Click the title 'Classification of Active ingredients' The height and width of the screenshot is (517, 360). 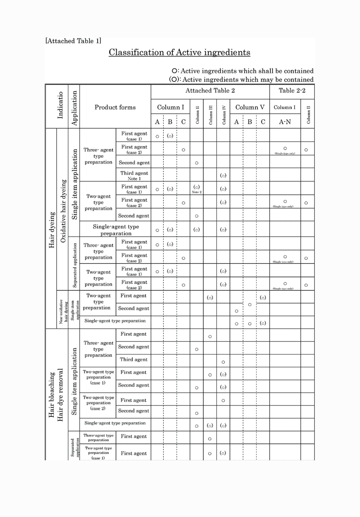(x=180, y=52)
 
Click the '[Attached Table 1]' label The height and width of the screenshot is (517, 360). (x=73, y=41)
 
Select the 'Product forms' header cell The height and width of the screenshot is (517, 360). (x=115, y=107)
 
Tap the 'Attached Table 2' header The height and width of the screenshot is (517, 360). (x=210, y=91)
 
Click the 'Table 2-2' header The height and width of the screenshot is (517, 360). (x=292, y=91)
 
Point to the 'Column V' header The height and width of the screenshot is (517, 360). (x=250, y=107)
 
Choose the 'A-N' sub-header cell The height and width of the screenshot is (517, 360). (x=285, y=122)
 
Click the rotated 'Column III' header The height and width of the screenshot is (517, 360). (x=210, y=114)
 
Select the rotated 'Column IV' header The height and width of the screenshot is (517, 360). (x=224, y=114)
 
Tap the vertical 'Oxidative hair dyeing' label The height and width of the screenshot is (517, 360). (x=63, y=211)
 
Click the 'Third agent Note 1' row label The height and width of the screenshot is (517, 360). (x=134, y=175)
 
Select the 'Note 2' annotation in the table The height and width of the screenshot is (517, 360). (x=197, y=192)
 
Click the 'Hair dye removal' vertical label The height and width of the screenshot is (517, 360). (x=60, y=395)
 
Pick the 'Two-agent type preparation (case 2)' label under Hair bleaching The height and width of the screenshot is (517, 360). (x=98, y=403)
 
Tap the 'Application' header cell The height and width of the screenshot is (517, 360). (x=74, y=108)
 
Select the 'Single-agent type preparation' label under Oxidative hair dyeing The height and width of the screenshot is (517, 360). (x=116, y=230)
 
